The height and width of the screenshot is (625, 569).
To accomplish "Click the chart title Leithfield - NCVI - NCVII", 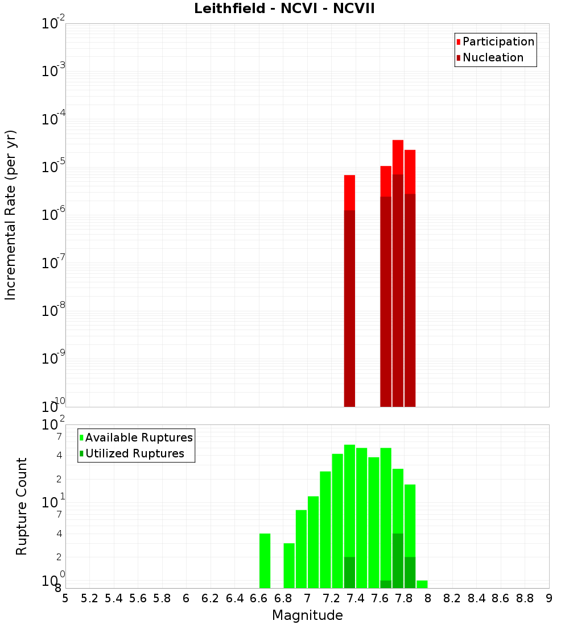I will pos(284,9).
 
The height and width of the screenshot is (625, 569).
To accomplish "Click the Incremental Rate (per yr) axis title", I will pos(11,215).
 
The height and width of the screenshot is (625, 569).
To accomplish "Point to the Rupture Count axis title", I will pos(22,506).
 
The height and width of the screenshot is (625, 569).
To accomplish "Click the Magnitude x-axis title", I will pos(307,615).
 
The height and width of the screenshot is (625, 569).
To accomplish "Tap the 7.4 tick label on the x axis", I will pos(356,598).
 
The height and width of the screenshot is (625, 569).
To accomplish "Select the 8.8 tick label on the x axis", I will pos(525,598).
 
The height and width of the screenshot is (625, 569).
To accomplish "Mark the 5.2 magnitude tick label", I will pos(89,598).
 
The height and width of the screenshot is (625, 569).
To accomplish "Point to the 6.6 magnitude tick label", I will pos(259,598).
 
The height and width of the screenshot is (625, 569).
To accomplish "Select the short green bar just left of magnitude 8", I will pos(422,584).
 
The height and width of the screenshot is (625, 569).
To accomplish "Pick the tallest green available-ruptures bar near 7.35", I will pos(349,500).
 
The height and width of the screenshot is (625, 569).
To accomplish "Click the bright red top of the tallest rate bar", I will pos(398,157).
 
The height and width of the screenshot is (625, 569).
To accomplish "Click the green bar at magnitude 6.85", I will pos(289,565).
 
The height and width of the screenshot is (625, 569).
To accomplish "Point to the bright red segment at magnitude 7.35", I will pos(349,193).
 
